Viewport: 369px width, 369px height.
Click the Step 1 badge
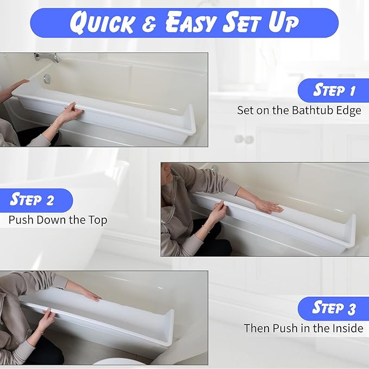334,90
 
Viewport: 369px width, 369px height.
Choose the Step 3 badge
334,309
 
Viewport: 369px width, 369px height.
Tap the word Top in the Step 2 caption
98,220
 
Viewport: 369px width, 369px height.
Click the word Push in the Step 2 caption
20,220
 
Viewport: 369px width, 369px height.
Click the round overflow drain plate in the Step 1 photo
48,79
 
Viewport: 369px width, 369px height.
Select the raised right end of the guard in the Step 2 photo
349,228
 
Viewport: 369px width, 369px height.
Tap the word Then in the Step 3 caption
256,328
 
